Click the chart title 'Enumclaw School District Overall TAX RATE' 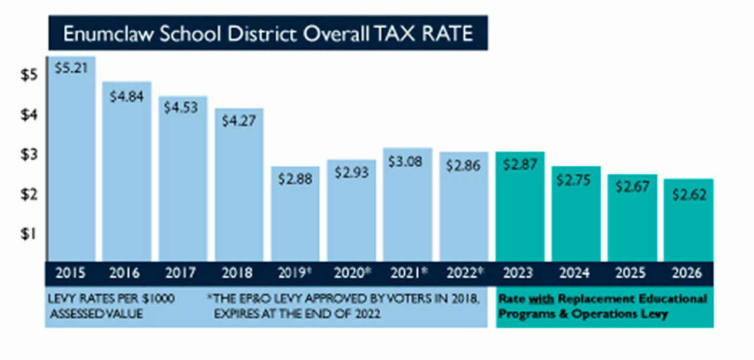[268, 33]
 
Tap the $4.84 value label [127, 97]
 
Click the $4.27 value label [239, 120]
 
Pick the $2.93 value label [351, 173]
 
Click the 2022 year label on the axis [463, 273]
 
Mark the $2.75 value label [576, 179]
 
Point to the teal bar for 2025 [631, 224]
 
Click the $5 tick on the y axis [29, 75]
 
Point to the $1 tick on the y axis [29, 234]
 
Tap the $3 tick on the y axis [29, 155]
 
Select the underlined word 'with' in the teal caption [531, 299]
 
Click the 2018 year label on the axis [239, 273]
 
